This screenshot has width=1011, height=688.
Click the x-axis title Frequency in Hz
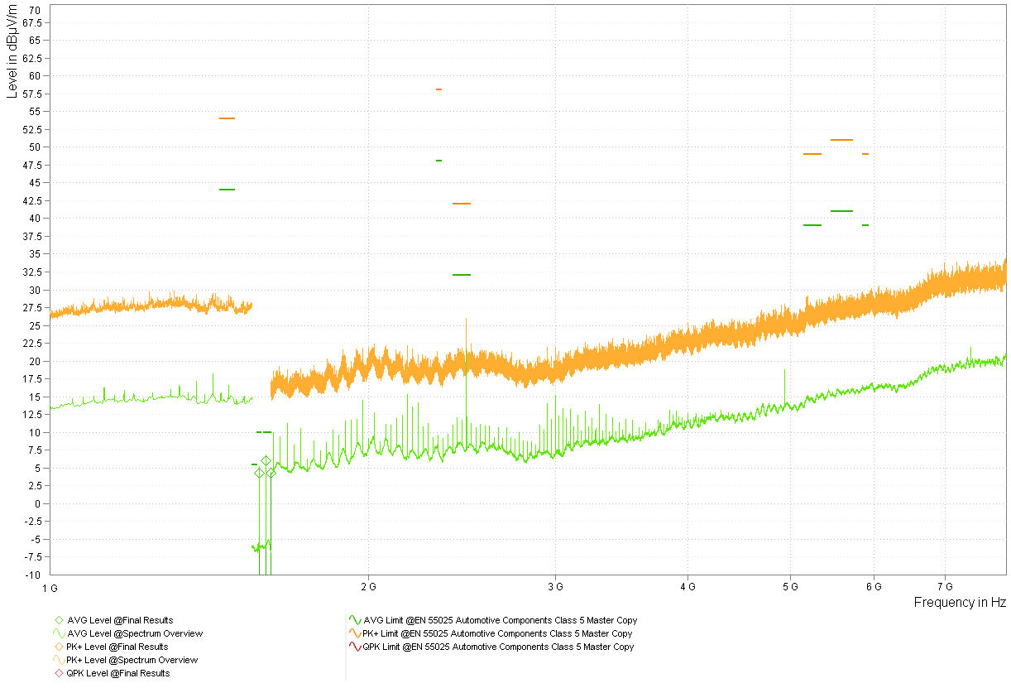(x=960, y=602)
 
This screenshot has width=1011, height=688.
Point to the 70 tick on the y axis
(x=35, y=10)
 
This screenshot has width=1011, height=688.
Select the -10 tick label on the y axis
(x=32, y=575)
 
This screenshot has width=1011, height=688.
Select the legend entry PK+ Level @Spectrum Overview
(x=132, y=660)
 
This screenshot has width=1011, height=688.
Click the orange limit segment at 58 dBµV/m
(x=438, y=89)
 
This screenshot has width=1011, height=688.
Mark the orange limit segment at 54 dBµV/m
(x=227, y=118)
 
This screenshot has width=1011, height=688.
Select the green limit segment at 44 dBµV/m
(x=227, y=190)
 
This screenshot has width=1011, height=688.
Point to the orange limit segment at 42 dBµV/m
(x=462, y=204)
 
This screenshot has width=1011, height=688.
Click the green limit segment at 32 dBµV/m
(x=462, y=275)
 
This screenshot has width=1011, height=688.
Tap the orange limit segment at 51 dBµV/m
(x=841, y=140)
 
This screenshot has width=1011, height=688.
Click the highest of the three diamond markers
(x=266, y=460)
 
